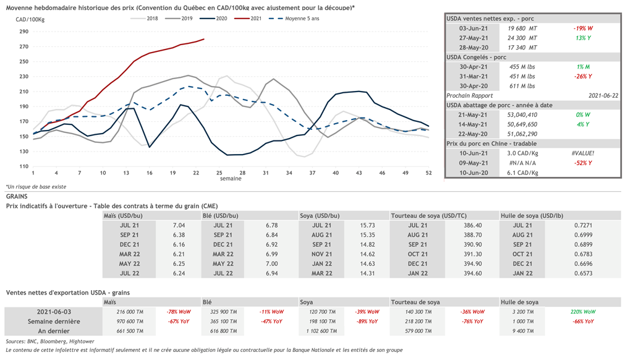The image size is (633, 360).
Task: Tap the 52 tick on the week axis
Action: pos(428,173)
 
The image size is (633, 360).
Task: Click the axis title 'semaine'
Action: pos(231,179)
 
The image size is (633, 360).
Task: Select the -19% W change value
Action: pos(582,28)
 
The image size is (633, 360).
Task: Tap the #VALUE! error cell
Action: pos(582,153)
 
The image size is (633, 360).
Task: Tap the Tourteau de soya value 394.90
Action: pos(472,264)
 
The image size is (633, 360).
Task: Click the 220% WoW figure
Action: pos(582,312)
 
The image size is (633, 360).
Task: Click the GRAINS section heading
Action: pos(17,196)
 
